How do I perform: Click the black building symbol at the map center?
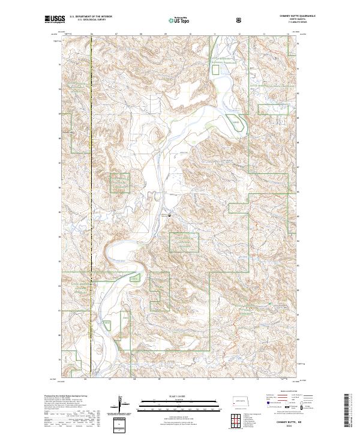pyautogui.click(x=169, y=215)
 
